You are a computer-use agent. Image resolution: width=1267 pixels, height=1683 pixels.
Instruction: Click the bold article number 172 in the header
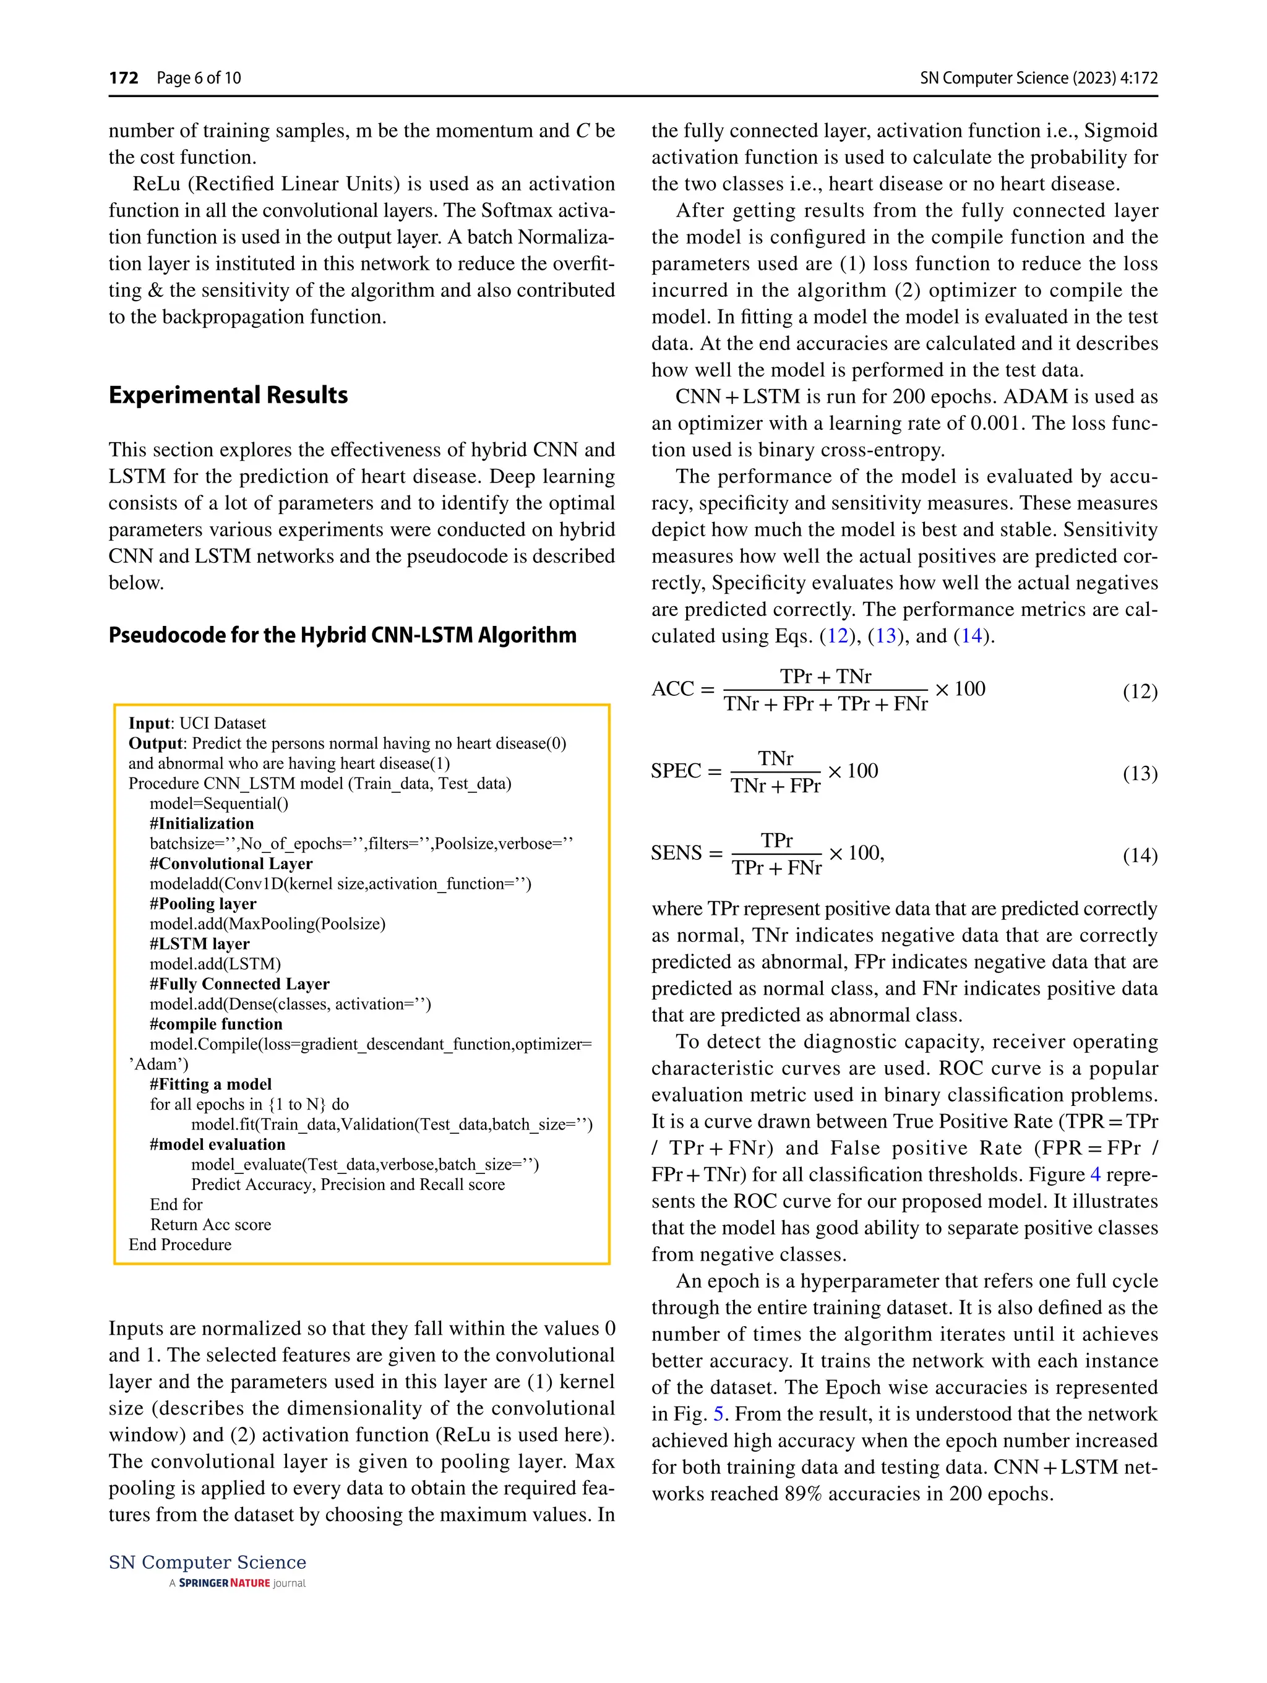pyautogui.click(x=123, y=77)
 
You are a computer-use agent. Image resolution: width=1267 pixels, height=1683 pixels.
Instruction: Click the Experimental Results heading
pyautogui.click(x=228, y=395)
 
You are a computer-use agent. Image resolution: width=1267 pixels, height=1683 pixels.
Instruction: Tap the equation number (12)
pyautogui.click(x=1139, y=691)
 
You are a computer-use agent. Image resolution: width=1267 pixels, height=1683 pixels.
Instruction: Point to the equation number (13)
pyautogui.click(x=1139, y=773)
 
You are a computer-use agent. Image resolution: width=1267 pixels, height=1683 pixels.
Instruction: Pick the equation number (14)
pyautogui.click(x=1139, y=855)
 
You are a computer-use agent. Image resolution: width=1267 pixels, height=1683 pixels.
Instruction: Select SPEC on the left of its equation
pyautogui.click(x=676, y=771)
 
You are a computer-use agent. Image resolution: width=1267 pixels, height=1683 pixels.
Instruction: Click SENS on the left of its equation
pyautogui.click(x=676, y=853)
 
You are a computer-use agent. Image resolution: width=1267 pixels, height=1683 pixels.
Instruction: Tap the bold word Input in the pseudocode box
pyautogui.click(x=150, y=724)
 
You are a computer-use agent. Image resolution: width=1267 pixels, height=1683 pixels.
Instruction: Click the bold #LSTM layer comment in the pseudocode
pyautogui.click(x=199, y=944)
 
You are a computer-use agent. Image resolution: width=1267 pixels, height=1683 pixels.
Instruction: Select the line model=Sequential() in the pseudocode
pyautogui.click(x=218, y=803)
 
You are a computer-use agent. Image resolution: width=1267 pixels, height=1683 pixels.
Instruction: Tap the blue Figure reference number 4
pyautogui.click(x=1095, y=1175)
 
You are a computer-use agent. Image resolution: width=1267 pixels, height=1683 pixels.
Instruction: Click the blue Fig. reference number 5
pyautogui.click(x=718, y=1414)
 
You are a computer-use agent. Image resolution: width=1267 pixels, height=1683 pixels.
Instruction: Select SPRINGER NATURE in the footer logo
pyautogui.click(x=224, y=1583)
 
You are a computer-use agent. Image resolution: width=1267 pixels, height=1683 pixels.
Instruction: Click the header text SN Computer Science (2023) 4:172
pyautogui.click(x=1038, y=77)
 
